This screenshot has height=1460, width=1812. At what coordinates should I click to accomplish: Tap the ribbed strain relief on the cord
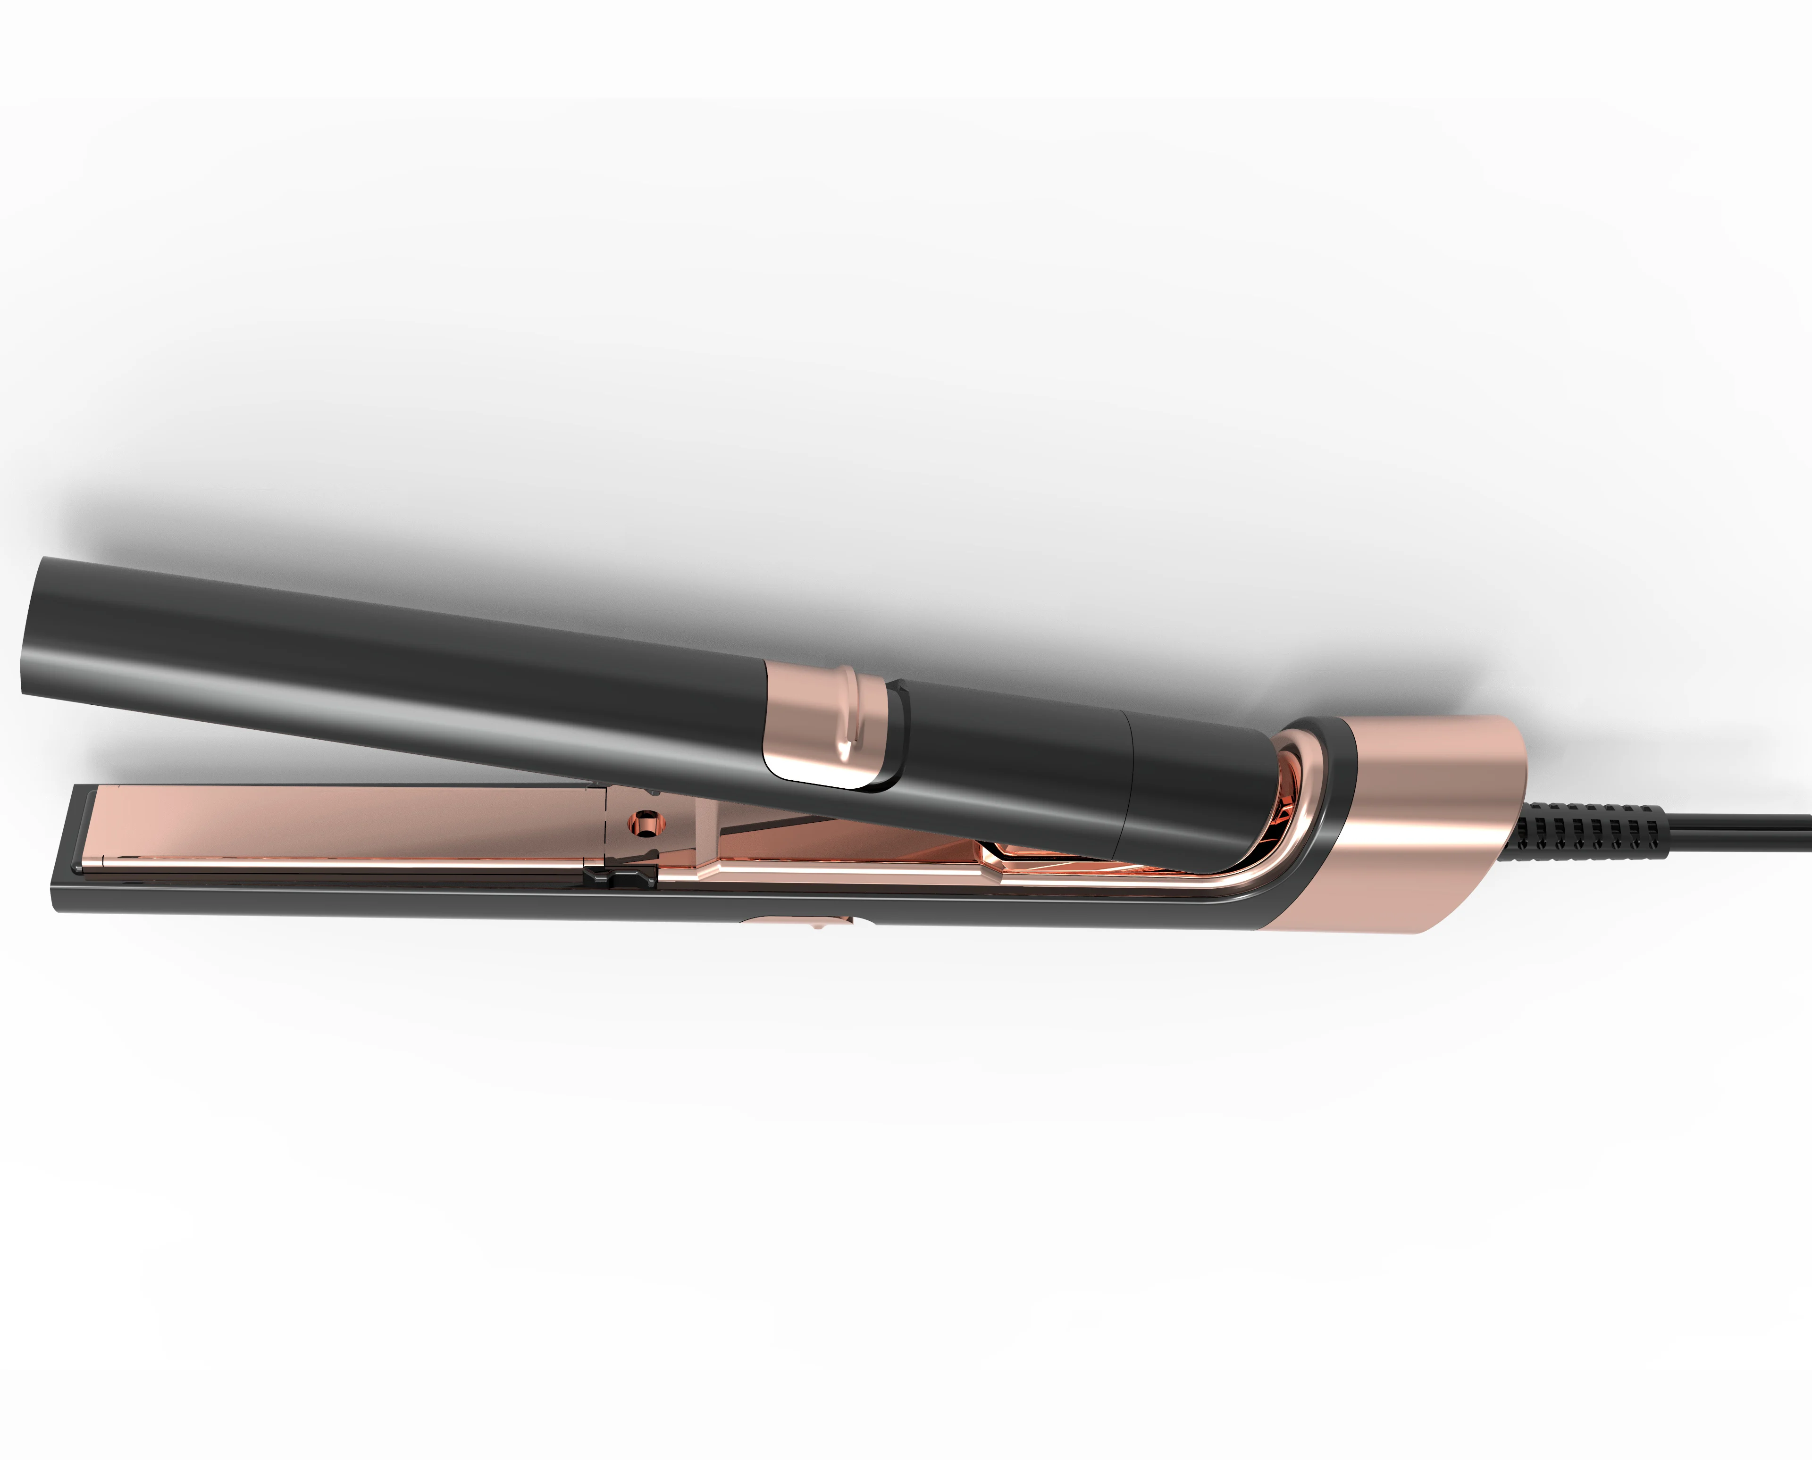pyautogui.click(x=1582, y=828)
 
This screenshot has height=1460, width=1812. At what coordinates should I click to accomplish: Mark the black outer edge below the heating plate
pyautogui.click(x=336, y=900)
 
